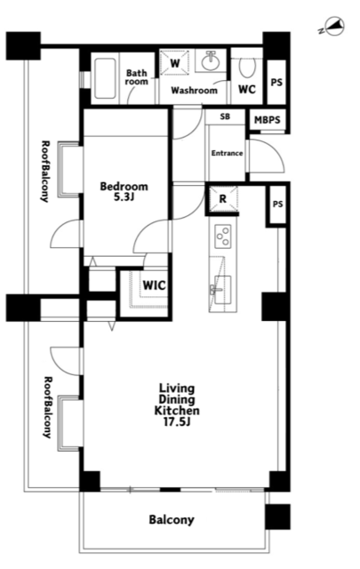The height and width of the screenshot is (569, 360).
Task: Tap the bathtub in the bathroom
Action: (x=105, y=78)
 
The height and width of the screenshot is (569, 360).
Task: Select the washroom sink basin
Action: (x=211, y=61)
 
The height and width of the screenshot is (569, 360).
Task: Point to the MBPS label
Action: (x=267, y=120)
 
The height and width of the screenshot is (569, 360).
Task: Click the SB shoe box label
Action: (x=225, y=116)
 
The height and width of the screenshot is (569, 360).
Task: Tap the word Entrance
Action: (x=228, y=153)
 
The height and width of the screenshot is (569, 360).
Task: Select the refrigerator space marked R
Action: (x=222, y=198)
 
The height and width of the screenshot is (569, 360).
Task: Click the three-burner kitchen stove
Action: (x=223, y=236)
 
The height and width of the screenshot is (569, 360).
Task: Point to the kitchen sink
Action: (x=222, y=290)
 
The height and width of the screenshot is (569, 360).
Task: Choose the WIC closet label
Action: (x=154, y=285)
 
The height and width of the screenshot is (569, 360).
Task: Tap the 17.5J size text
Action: (x=177, y=422)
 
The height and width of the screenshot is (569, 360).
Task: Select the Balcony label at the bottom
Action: (x=172, y=519)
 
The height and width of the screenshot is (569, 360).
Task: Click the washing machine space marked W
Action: (x=175, y=63)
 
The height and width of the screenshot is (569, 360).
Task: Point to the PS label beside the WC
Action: (x=276, y=83)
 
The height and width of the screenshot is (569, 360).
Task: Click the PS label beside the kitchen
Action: (x=277, y=204)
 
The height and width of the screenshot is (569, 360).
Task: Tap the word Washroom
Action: (x=194, y=90)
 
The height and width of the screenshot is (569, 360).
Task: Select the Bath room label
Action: (x=137, y=77)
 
